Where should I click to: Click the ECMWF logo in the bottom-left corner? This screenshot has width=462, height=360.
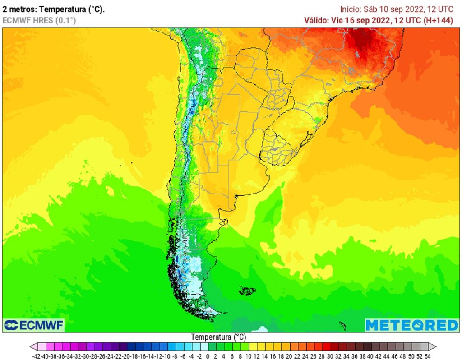point(33,325)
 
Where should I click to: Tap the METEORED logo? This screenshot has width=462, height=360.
point(411,325)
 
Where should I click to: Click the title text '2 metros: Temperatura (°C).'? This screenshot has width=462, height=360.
point(54,9)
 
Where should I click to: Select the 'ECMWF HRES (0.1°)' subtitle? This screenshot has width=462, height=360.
point(39,20)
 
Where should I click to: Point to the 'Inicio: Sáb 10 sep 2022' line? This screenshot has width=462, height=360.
point(381,9)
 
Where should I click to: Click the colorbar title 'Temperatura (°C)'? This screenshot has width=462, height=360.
point(218,337)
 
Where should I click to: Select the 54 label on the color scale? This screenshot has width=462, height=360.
point(427,355)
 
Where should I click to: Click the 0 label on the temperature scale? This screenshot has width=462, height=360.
point(205,355)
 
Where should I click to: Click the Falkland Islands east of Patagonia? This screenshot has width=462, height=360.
point(247,291)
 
